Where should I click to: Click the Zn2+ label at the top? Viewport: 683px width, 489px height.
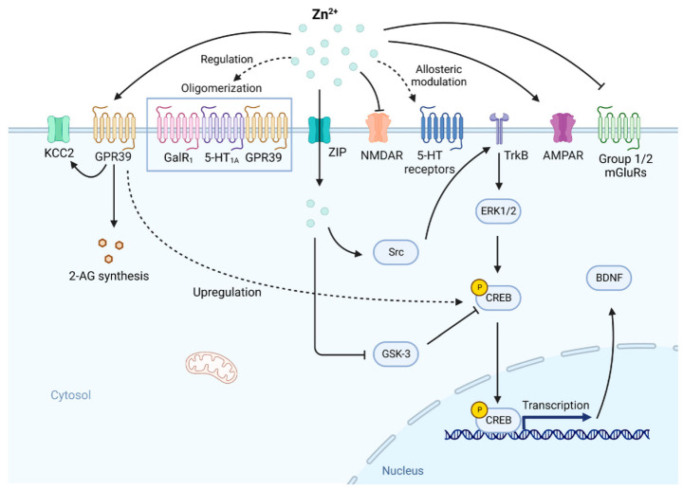coord(325,13)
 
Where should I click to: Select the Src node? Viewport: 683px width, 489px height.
coord(396,252)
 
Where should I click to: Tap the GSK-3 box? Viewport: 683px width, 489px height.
coord(396,353)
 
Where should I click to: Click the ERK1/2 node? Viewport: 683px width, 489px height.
coord(498,211)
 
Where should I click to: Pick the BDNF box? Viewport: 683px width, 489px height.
coord(608,278)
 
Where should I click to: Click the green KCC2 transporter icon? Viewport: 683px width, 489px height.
coord(59,129)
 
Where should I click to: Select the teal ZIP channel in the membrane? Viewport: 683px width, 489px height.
coord(320,129)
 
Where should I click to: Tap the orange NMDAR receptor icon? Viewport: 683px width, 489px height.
coord(378,128)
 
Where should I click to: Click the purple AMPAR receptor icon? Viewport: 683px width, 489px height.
coord(563,128)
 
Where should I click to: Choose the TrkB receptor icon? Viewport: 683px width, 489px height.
coord(499,128)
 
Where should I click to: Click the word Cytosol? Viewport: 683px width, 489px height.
coord(70,395)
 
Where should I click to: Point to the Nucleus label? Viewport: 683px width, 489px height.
coord(402,471)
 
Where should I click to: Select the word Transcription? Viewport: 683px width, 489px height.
coord(555,406)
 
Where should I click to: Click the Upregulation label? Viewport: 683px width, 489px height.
coord(227,292)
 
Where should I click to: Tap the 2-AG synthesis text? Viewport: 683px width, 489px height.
coord(109,276)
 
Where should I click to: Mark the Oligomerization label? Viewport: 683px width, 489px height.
coord(221,88)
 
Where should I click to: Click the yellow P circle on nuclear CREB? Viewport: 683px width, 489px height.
coord(480,409)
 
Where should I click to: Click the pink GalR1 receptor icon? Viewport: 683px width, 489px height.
coord(178,127)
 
